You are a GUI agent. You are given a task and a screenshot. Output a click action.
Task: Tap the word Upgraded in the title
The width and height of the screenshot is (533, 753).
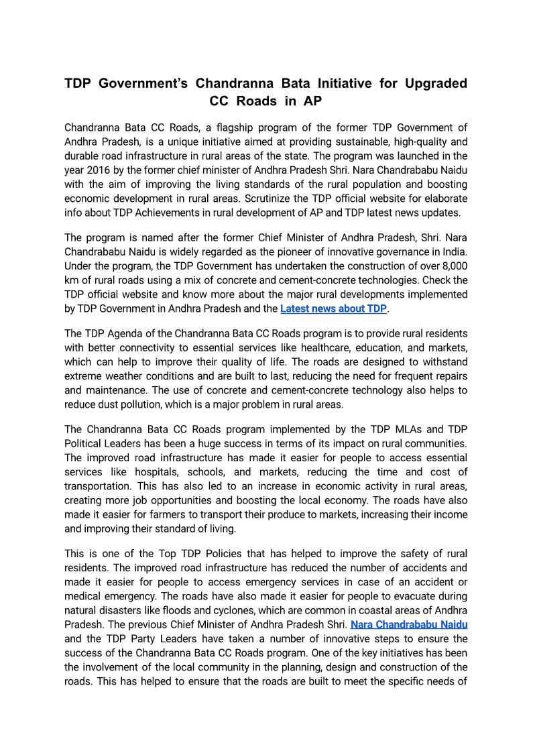pyautogui.click(x=432, y=84)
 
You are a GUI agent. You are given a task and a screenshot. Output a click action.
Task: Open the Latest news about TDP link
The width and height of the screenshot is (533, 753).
pyautogui.click(x=333, y=308)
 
